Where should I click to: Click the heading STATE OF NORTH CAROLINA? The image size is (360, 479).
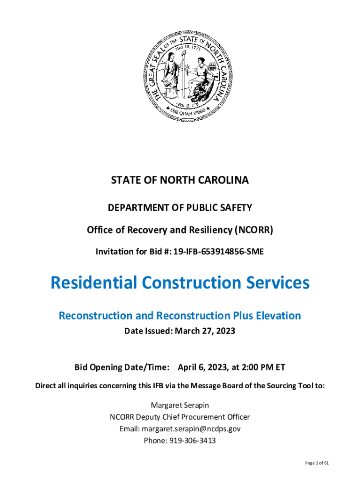pos(180,181)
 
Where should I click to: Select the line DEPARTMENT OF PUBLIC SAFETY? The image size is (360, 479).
pos(180,207)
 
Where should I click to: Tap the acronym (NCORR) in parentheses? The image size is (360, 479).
pos(254,230)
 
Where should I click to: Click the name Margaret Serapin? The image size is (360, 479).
pos(180,405)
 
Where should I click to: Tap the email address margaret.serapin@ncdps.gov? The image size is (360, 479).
pos(191,428)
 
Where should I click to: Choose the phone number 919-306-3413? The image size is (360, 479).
pos(191,441)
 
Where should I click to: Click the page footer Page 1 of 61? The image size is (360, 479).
pos(317,463)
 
